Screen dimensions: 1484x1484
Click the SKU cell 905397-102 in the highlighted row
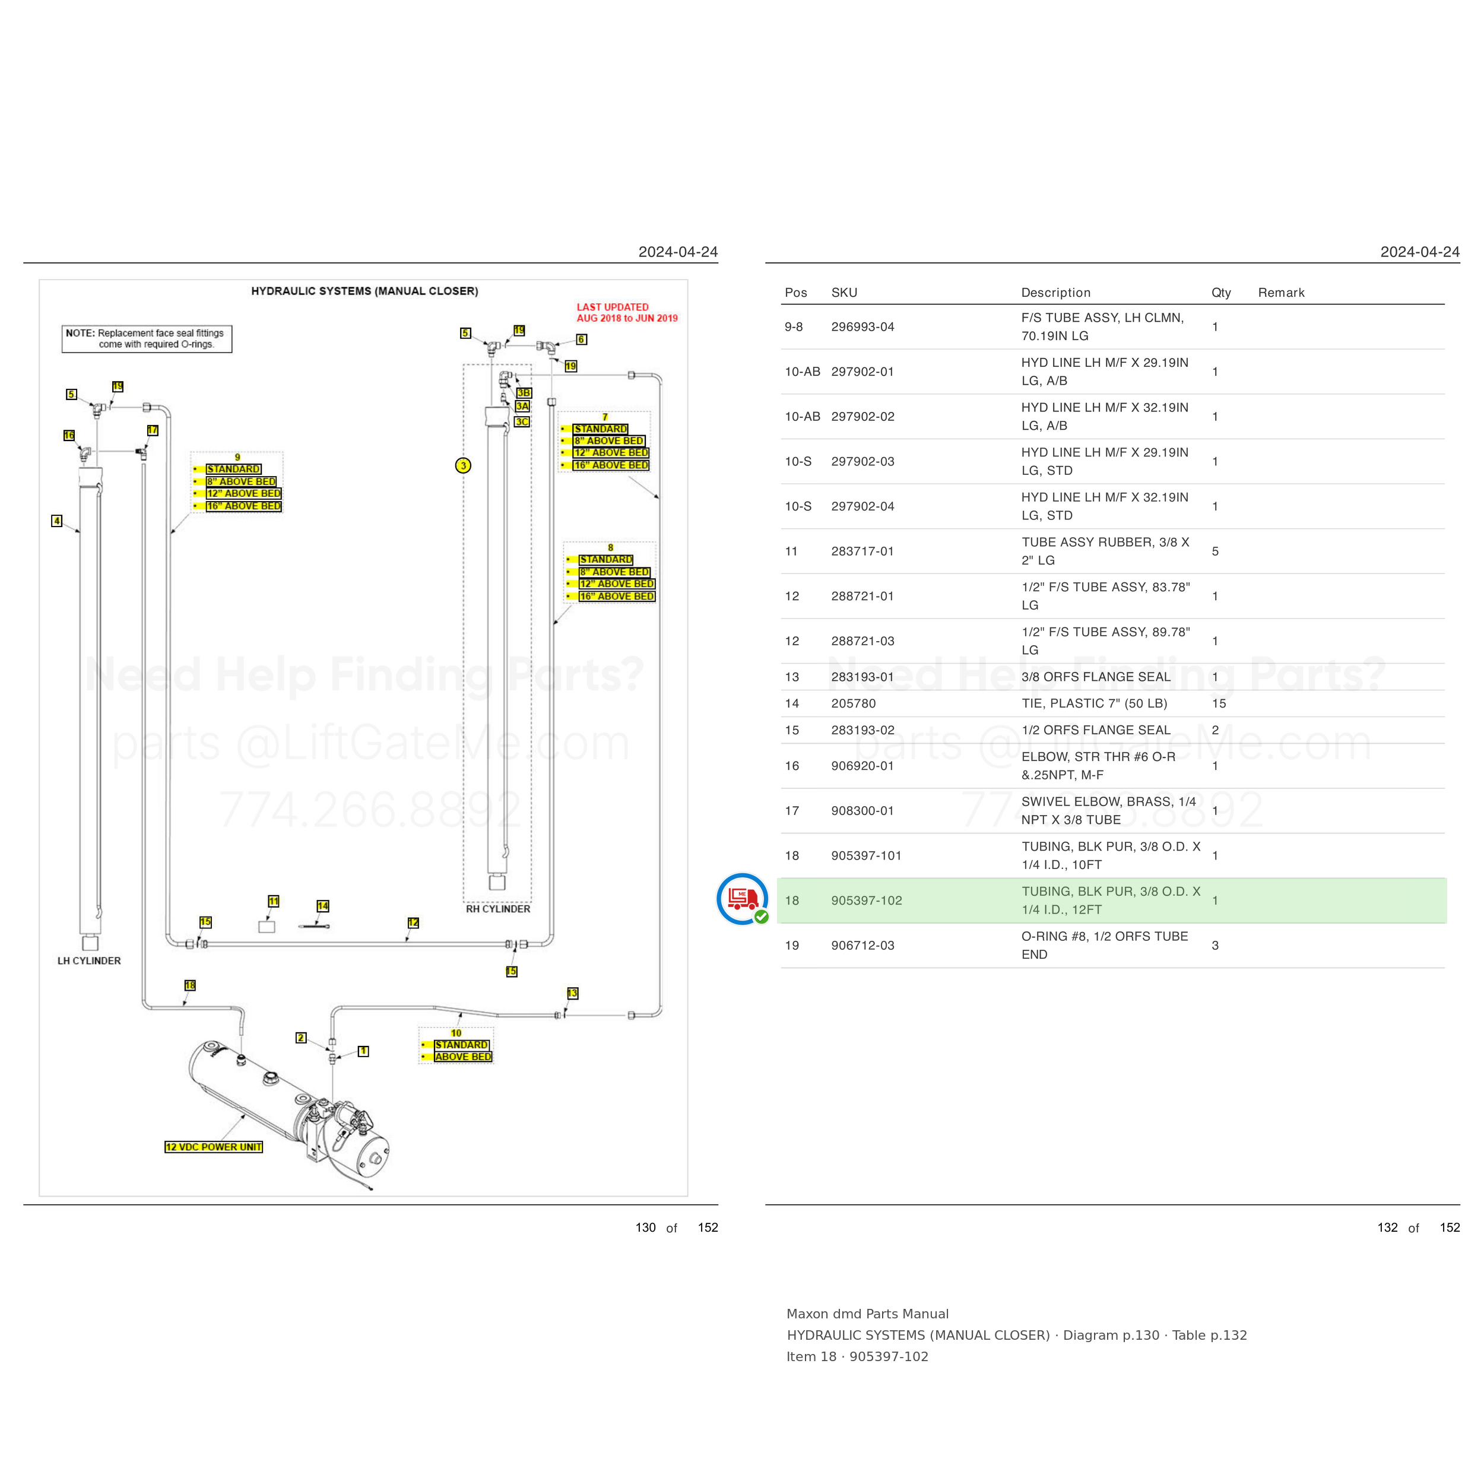click(867, 900)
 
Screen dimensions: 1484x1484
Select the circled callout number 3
click(463, 465)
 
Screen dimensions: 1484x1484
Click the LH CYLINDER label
click(89, 961)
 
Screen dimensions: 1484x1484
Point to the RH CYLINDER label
click(498, 909)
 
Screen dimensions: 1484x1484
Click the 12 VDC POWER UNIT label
click(214, 1147)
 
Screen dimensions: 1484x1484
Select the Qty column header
click(1221, 293)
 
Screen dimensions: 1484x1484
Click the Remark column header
click(1281, 293)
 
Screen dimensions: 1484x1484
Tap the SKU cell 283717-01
click(863, 551)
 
